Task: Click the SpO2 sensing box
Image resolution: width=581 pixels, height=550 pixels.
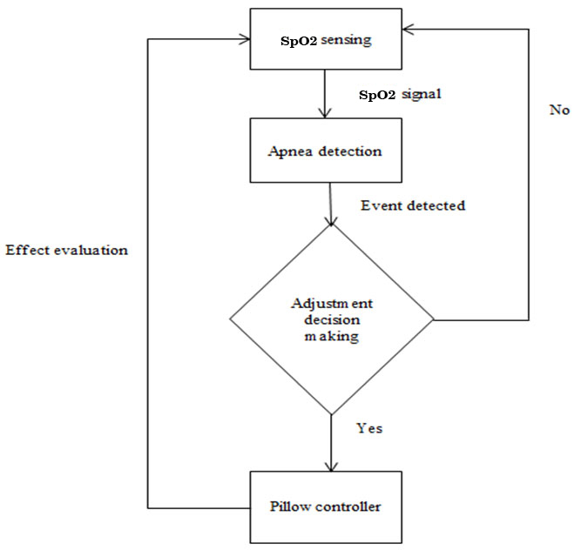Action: [324, 40]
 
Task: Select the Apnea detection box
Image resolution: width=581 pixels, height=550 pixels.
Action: [324, 151]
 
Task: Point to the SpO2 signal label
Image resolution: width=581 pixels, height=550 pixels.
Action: [401, 93]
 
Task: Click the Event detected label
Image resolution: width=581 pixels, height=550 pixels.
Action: [413, 206]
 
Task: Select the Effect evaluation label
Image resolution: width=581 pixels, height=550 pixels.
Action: [67, 250]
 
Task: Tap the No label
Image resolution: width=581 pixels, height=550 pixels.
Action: [559, 110]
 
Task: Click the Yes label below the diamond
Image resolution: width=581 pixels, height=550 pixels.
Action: [368, 428]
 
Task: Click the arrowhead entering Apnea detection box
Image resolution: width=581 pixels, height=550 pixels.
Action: [324, 113]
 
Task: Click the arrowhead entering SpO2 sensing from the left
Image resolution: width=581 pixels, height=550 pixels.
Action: [244, 39]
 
